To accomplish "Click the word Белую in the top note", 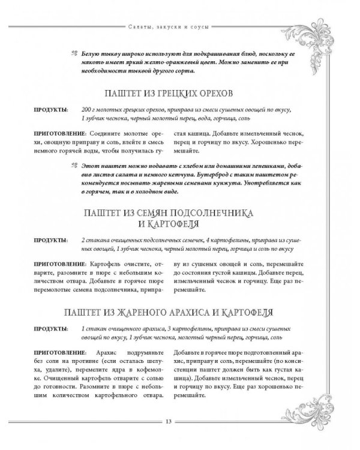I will (89, 53).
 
